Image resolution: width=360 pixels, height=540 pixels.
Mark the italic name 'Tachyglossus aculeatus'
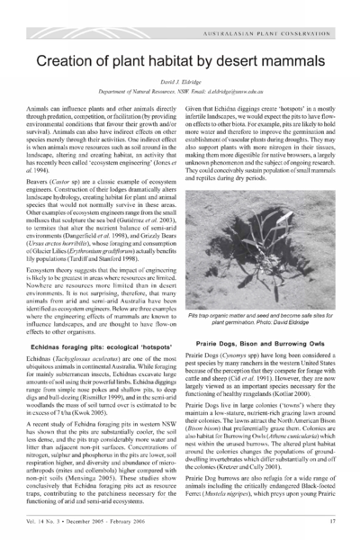[x=86, y=333]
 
